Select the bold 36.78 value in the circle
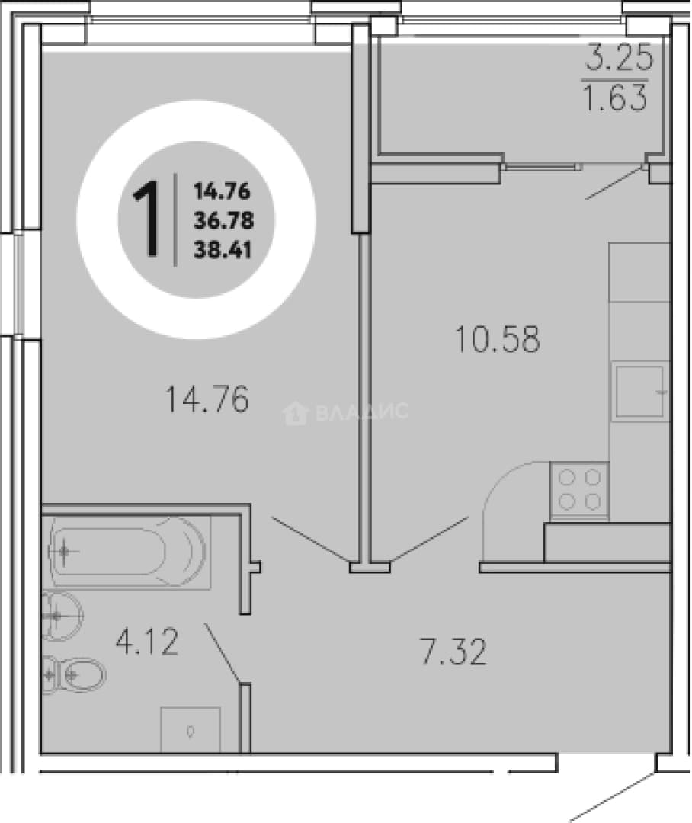(223, 220)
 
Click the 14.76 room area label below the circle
(207, 399)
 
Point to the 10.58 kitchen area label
(497, 339)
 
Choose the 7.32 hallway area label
(453, 652)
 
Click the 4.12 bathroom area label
(148, 642)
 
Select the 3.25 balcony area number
(620, 58)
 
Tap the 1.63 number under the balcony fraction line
(615, 98)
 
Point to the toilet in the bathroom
(73, 674)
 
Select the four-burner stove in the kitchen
(579, 491)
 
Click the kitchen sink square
(640, 392)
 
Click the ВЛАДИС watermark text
(362, 411)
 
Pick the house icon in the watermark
(296, 412)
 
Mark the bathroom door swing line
(223, 654)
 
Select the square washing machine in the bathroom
(190, 729)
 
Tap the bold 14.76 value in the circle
(222, 191)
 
